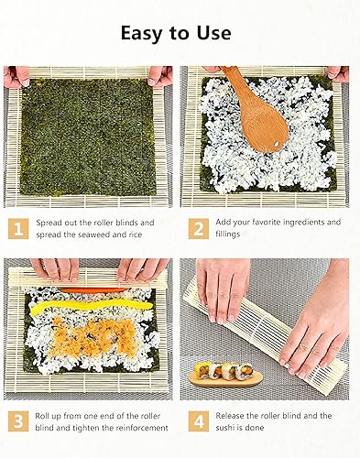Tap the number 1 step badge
coord(18,228)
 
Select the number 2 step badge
coord(198,228)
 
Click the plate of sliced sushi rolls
coord(225,375)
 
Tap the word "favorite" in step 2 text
coord(276,222)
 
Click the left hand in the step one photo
coord(16,75)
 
